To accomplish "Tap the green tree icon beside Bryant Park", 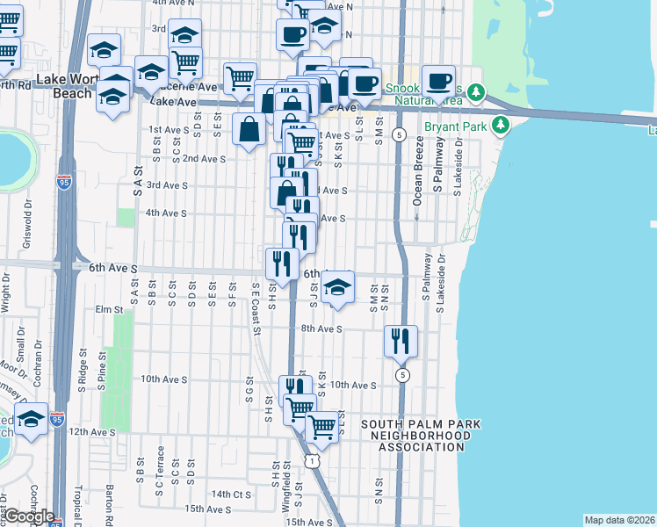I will click(501, 126).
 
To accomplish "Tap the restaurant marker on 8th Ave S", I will click(401, 340).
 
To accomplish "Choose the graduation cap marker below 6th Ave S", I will click(336, 287).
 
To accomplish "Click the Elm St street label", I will click(109, 309).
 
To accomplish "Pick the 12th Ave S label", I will click(92, 432).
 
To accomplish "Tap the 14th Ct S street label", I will click(231, 495).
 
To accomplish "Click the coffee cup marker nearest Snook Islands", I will click(437, 81).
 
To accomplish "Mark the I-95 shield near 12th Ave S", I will click(57, 420).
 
